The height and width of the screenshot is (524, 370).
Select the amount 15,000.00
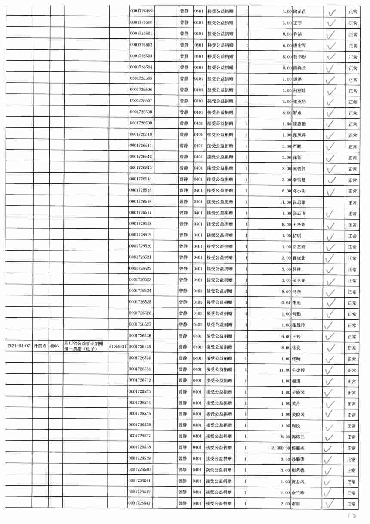click(278, 448)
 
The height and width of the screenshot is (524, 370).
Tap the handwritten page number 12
click(352, 515)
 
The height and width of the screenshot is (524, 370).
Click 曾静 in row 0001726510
click(184, 134)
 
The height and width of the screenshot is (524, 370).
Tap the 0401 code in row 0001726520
click(198, 246)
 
